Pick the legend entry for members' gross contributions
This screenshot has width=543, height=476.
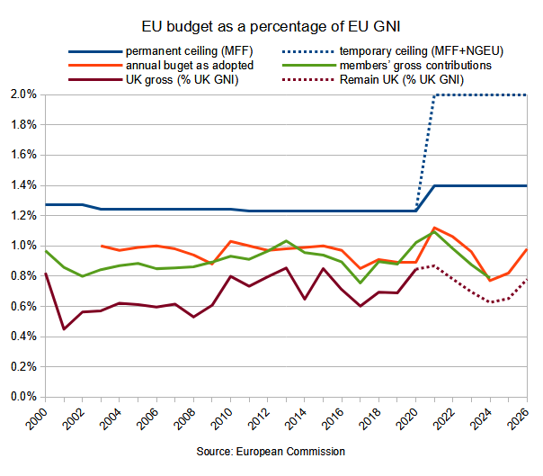426,65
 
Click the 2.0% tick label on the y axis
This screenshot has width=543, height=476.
23,94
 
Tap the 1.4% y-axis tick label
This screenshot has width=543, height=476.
23,185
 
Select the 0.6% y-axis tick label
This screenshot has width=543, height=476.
23,306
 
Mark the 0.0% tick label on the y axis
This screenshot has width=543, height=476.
23,397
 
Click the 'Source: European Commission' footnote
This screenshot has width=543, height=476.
271,451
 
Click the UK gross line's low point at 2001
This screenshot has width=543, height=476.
64,328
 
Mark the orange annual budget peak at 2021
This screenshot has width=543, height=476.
435,228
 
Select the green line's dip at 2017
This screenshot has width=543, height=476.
361,283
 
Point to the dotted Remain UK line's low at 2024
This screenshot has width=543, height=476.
490,302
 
